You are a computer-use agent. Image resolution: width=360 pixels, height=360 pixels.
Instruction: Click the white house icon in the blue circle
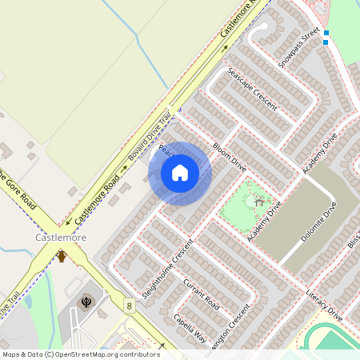180,172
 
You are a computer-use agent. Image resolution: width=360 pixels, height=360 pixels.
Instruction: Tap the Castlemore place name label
59,238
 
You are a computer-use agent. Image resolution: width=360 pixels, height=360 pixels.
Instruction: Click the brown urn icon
62,256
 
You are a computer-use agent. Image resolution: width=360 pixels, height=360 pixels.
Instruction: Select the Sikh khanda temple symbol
87,302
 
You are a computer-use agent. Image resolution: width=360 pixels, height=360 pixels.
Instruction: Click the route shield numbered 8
129,306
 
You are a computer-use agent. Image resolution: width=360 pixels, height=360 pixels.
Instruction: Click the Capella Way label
190,329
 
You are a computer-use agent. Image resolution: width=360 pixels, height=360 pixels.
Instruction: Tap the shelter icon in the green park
258,202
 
